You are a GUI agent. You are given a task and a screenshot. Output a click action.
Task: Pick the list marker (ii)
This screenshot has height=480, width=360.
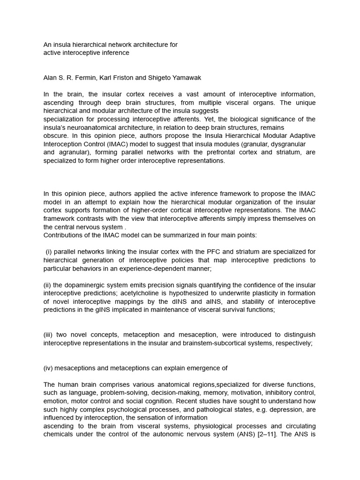tap(49, 285)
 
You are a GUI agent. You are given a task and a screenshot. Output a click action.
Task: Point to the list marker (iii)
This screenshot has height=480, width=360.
tap(50, 335)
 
